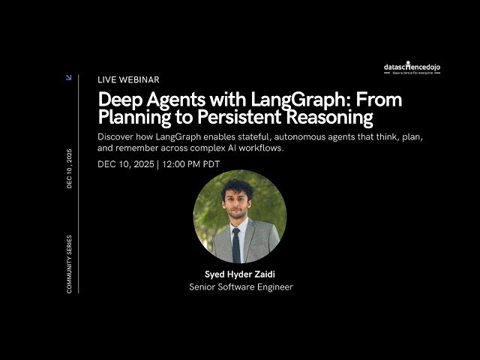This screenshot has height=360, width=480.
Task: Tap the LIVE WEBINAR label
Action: (128, 79)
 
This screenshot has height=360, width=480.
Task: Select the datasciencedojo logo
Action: (412, 68)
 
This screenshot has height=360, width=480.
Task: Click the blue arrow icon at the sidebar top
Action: (69, 77)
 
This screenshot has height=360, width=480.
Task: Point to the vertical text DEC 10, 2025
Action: (70, 168)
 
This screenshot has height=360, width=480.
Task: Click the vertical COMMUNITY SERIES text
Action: (70, 263)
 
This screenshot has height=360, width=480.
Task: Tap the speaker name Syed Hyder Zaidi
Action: (239, 274)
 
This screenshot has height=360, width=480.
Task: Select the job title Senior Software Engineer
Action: (240, 287)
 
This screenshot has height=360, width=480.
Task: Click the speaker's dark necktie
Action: (236, 245)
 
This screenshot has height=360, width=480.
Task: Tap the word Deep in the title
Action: (121, 100)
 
